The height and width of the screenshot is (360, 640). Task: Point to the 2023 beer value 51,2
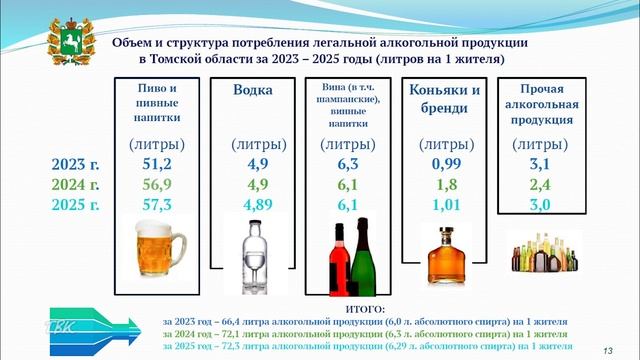pyautogui.click(x=157, y=165)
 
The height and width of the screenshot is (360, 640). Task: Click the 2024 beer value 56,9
pyautogui.click(x=157, y=185)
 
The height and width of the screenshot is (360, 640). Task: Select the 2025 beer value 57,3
pyautogui.click(x=157, y=205)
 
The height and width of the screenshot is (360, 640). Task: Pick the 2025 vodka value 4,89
pyautogui.click(x=251, y=205)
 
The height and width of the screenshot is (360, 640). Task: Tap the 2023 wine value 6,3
pyautogui.click(x=347, y=165)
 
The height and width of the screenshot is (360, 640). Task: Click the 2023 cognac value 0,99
pyautogui.click(x=445, y=165)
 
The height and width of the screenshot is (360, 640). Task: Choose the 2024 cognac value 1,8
pyautogui.click(x=445, y=185)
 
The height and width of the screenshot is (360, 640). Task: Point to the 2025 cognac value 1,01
pyautogui.click(x=445, y=205)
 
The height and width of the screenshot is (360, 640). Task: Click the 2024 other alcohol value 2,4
pyautogui.click(x=541, y=185)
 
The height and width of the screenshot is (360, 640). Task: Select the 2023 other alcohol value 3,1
pyautogui.click(x=541, y=165)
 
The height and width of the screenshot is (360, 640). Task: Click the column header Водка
pyautogui.click(x=251, y=90)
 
